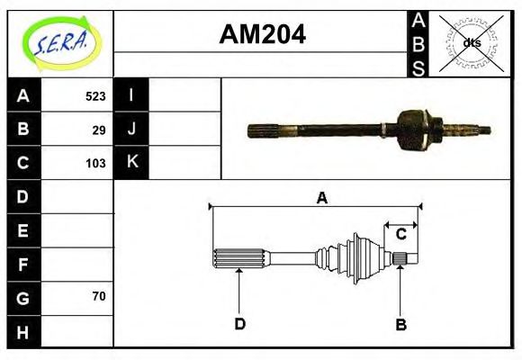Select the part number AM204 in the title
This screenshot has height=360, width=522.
click(262, 34)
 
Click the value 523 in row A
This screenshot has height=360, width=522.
click(95, 96)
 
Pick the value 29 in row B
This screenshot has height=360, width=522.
click(99, 130)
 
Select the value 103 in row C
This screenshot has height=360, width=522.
click(95, 164)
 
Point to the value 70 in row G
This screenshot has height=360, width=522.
click(99, 296)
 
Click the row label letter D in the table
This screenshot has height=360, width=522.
click(23, 196)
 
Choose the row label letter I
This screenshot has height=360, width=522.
click(131, 95)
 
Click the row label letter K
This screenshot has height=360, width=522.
click(131, 163)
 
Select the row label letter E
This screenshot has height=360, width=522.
click(23, 230)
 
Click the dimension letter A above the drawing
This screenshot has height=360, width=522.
click(321, 199)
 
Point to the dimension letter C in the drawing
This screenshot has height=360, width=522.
click(401, 234)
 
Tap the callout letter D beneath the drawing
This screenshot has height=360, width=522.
click(240, 324)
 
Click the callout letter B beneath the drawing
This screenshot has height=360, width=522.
click(401, 324)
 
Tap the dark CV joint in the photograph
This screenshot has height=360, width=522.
click(415, 130)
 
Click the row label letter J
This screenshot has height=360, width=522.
click(131, 129)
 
